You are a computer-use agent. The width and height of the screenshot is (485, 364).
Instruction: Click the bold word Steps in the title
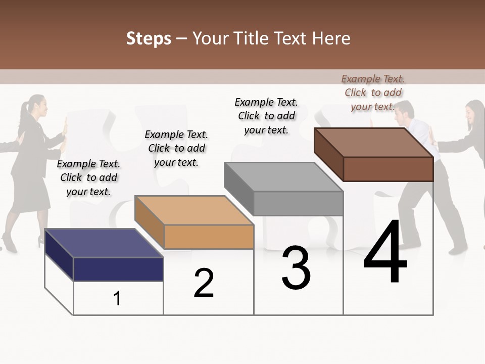pos(149,38)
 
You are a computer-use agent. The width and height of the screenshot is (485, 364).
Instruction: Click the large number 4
pos(385,254)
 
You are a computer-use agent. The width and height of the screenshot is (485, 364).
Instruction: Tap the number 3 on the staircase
pos(296,268)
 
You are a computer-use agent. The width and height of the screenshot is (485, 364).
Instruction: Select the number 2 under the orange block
pos(204,283)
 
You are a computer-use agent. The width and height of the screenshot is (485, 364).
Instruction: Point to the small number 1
pos(117,299)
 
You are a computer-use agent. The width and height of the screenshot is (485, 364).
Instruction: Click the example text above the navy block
pos(88,177)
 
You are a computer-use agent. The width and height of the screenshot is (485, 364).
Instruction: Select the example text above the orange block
pos(176,148)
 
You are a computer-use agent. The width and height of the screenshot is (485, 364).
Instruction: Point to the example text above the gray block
pos(266,116)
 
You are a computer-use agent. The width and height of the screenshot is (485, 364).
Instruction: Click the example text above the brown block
pos(373,93)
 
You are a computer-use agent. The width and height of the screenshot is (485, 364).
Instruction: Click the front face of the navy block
pos(118,269)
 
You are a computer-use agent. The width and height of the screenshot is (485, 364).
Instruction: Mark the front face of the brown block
pos(388,169)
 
